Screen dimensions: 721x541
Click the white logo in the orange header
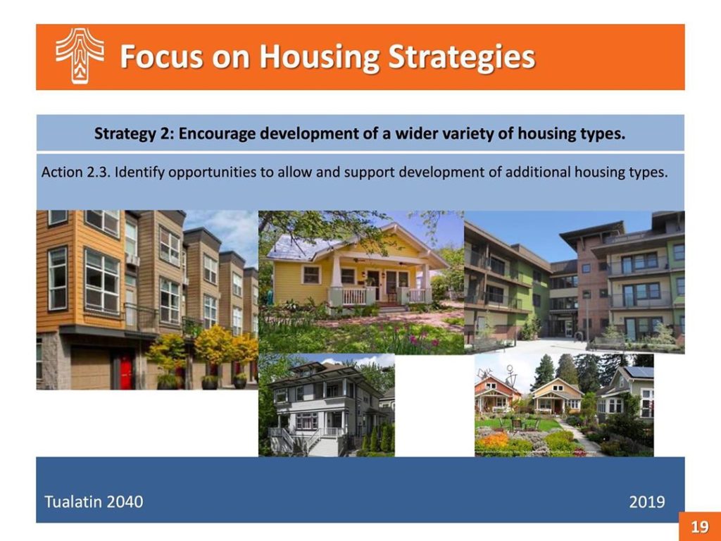pos(80,56)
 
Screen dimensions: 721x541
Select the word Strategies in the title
pos(462,57)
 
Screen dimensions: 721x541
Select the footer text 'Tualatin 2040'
pos(94,502)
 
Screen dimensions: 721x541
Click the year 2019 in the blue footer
pos(647,502)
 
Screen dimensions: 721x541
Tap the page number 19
pos(699,526)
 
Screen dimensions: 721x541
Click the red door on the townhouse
pos(126,371)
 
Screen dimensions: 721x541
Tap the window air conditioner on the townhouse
pos(132,260)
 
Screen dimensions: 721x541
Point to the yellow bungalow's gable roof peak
pos(394,225)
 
